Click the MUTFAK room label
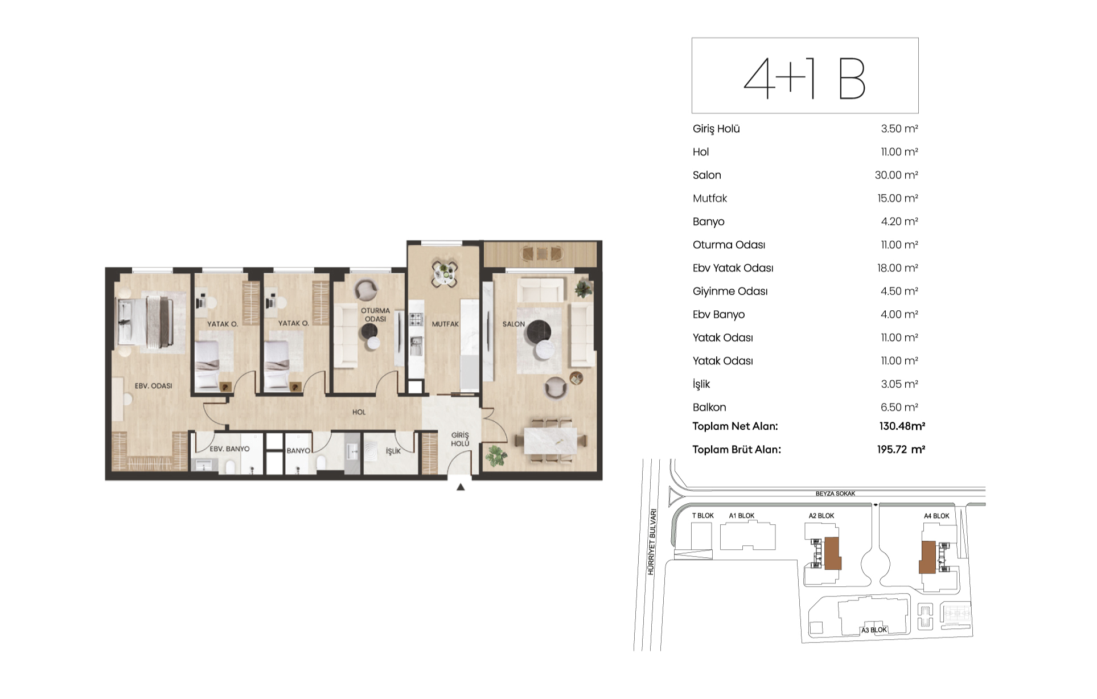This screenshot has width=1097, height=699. (x=445, y=324)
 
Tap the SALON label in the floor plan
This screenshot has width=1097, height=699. (x=513, y=324)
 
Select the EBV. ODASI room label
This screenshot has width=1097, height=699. (x=153, y=386)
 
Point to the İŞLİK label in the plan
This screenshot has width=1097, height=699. (x=393, y=451)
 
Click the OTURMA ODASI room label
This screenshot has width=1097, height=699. (x=375, y=315)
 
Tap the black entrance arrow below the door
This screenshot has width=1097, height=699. (x=461, y=487)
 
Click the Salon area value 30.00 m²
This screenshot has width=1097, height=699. (x=896, y=175)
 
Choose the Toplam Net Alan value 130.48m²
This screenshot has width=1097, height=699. (x=902, y=426)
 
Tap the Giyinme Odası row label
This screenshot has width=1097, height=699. (x=730, y=291)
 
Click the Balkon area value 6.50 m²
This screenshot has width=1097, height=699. (x=899, y=408)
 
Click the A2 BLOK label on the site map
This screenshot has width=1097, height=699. (x=821, y=516)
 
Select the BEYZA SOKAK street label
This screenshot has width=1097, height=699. (x=835, y=494)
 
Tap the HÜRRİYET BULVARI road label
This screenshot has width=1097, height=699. (x=652, y=542)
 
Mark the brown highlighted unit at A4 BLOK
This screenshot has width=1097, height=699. (x=928, y=557)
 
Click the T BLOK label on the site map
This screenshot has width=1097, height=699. (x=703, y=516)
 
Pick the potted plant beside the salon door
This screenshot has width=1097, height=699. (x=496, y=456)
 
